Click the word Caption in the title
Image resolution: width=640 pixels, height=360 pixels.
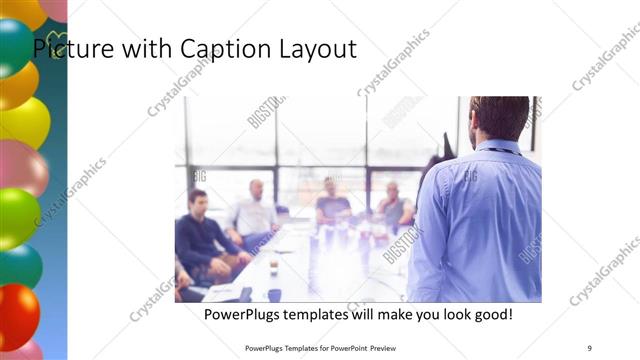click(217, 48)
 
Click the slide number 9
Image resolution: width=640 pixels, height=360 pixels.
click(590, 347)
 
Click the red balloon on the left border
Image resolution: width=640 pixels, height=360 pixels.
click(17, 315)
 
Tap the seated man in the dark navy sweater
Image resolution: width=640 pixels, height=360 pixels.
click(201, 235)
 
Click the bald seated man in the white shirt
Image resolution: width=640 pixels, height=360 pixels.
click(254, 211)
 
